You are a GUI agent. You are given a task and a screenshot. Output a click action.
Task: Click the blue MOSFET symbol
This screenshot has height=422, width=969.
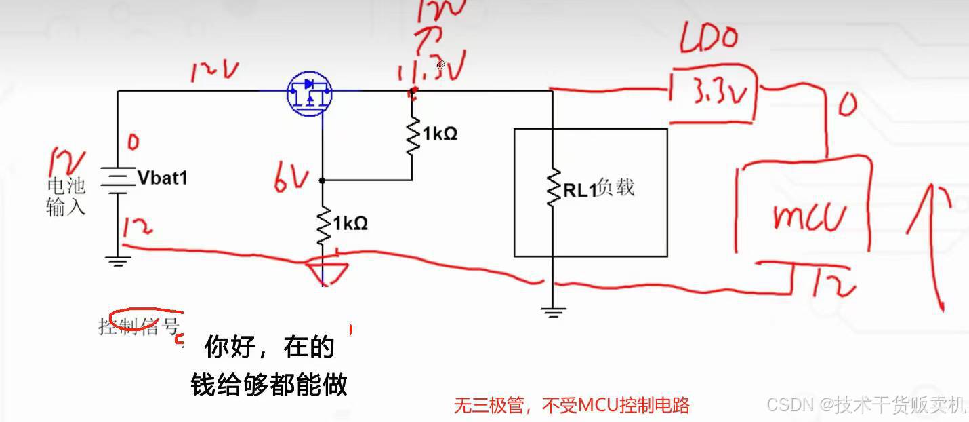tap(309, 93)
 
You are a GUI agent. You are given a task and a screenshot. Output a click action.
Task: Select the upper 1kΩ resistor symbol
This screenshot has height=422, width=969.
tap(412, 136)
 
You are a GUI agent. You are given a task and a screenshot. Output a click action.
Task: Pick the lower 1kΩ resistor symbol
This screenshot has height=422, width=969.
tap(323, 225)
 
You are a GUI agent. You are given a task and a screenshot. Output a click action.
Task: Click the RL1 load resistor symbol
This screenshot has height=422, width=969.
tap(553, 187)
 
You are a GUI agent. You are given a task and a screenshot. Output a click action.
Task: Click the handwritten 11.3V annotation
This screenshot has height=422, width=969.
tap(424, 69)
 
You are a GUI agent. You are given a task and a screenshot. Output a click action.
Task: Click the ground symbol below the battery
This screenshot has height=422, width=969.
tap(118, 261)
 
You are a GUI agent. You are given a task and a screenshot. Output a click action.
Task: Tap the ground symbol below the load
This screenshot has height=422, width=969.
tap(553, 312)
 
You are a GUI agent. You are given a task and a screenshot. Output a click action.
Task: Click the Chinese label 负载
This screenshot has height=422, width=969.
tap(616, 187)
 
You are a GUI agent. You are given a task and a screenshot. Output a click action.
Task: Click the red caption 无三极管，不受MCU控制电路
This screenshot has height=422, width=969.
tap(571, 406)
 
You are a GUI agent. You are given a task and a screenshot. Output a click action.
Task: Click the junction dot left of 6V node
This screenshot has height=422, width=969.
tap(323, 180)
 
